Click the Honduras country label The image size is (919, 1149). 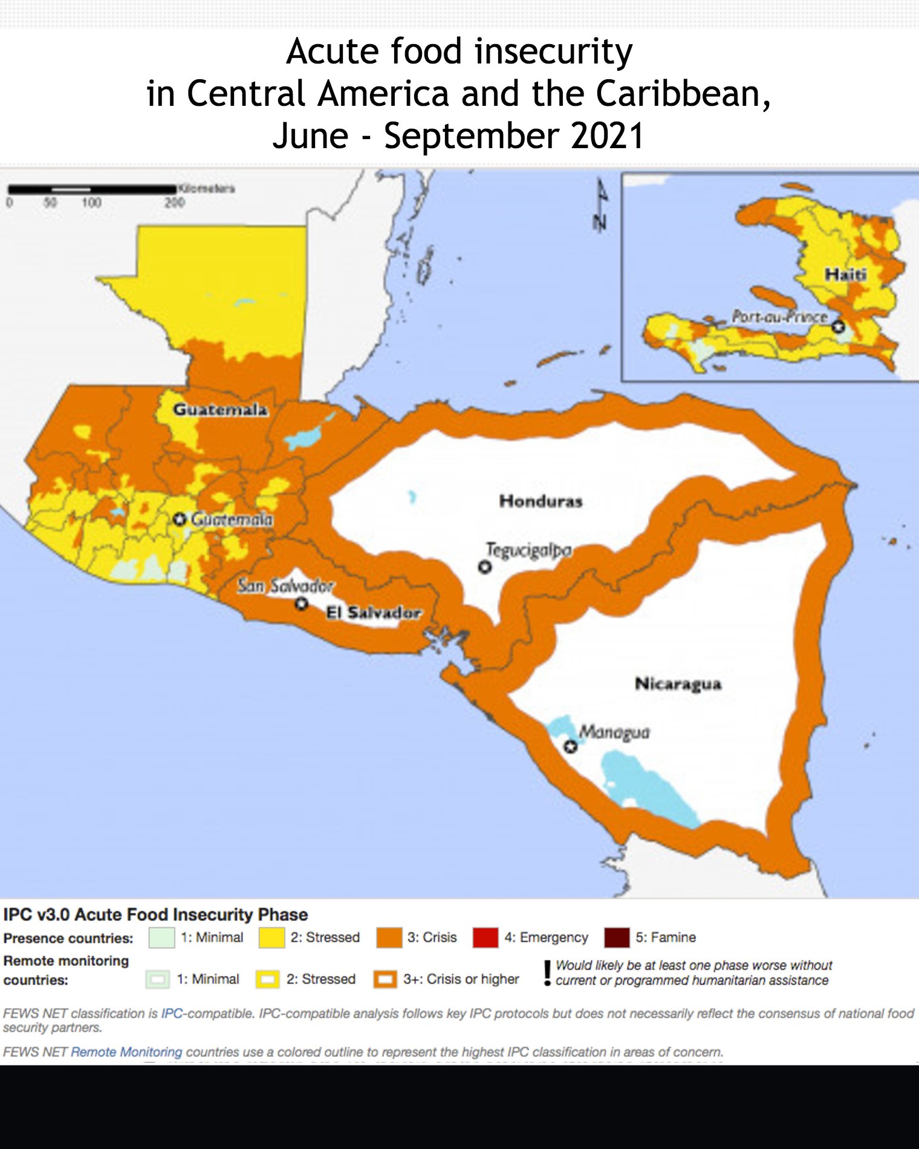click(x=541, y=501)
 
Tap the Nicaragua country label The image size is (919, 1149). click(x=678, y=684)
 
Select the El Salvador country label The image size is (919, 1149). click(x=373, y=613)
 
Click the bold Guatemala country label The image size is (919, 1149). click(x=220, y=409)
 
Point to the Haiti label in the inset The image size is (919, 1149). click(x=846, y=275)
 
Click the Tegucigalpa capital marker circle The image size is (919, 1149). click(x=484, y=567)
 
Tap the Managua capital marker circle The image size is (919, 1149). click(x=570, y=747)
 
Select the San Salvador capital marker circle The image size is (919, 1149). click(x=302, y=604)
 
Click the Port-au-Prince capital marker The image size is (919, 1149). click(x=838, y=327)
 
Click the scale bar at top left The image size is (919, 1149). click(x=91, y=190)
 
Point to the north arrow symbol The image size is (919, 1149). click(x=600, y=206)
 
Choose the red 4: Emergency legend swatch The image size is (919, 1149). click(x=485, y=938)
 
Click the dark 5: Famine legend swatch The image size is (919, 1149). click(x=616, y=938)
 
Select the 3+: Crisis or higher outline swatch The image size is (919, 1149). click(x=385, y=979)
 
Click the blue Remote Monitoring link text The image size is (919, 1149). click(x=126, y=1052)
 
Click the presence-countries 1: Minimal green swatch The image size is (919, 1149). click(x=161, y=938)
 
